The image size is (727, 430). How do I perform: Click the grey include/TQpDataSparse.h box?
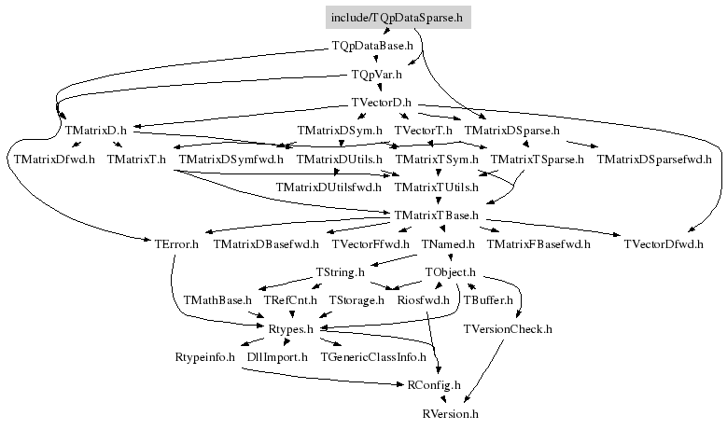(398, 18)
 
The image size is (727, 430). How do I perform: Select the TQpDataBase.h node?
(372, 46)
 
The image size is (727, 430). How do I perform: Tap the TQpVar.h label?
(376, 75)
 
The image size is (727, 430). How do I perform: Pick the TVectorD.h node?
(381, 103)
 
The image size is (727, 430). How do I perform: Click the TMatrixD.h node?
(95, 131)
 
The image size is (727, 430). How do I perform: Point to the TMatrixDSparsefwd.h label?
(654, 160)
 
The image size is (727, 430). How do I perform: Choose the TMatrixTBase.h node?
(436, 215)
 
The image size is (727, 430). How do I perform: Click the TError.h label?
(176, 244)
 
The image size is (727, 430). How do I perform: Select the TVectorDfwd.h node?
(664, 244)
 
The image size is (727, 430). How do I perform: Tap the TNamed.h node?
(448, 244)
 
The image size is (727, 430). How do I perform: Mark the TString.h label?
(340, 272)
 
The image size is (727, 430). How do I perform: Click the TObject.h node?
(450, 272)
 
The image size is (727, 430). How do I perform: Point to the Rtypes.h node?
(291, 329)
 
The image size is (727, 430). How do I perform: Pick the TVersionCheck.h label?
(508, 329)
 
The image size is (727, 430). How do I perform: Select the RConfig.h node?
(434, 385)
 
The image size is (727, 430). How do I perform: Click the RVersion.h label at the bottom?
(450, 414)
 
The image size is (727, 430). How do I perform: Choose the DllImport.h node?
(277, 357)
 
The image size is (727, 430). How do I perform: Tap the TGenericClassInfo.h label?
(373, 357)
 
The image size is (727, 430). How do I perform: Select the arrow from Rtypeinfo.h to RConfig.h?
(322, 379)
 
